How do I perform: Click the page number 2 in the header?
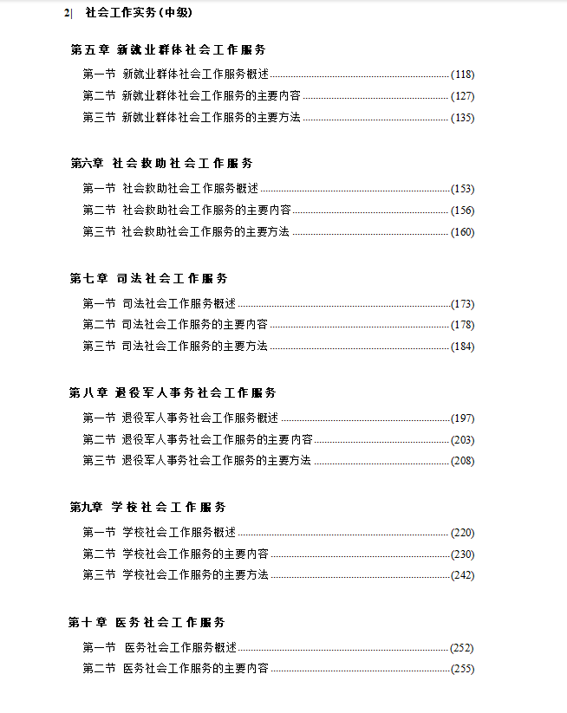click(66, 13)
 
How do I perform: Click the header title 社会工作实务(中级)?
click(139, 13)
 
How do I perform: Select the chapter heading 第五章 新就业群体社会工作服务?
click(168, 50)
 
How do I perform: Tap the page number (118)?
click(462, 75)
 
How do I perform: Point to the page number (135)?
click(462, 118)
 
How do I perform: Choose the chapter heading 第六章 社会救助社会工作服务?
click(161, 164)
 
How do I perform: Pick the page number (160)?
click(462, 232)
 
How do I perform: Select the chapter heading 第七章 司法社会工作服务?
click(149, 279)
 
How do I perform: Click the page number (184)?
click(462, 347)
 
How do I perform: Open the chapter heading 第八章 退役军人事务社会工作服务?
click(173, 393)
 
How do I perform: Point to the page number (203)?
click(462, 440)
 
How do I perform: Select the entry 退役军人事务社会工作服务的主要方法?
click(216, 461)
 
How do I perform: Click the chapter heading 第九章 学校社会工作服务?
click(148, 508)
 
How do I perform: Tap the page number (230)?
click(462, 554)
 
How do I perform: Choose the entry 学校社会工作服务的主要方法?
click(195, 575)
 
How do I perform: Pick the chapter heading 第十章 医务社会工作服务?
click(147, 623)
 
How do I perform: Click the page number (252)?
click(462, 648)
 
